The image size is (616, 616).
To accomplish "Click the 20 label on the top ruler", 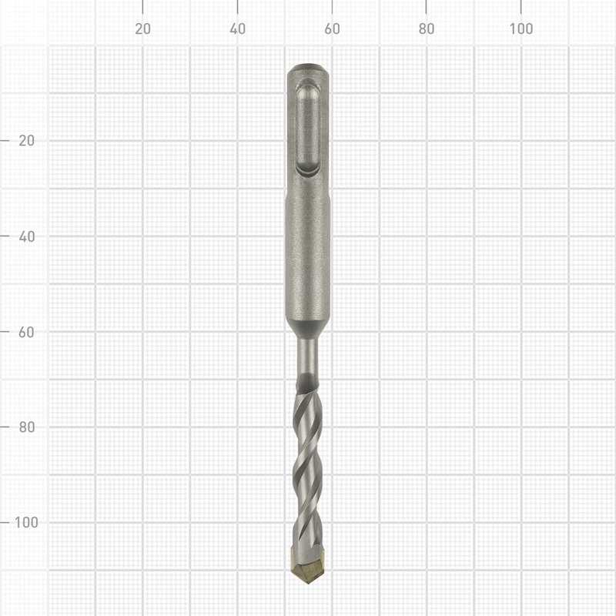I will click(x=142, y=29).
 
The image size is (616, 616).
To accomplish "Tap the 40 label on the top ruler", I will click(x=237, y=29).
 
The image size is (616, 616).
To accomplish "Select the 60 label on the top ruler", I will click(x=332, y=29).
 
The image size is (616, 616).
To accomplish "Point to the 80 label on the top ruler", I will click(x=427, y=29).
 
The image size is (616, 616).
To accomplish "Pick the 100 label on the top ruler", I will click(x=521, y=29).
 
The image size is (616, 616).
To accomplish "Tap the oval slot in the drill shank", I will click(x=308, y=127).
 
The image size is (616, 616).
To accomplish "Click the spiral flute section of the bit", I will click(x=307, y=462).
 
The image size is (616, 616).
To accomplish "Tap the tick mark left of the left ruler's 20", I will click(x=5, y=141).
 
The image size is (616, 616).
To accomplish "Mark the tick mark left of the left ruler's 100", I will click(x=5, y=522).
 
